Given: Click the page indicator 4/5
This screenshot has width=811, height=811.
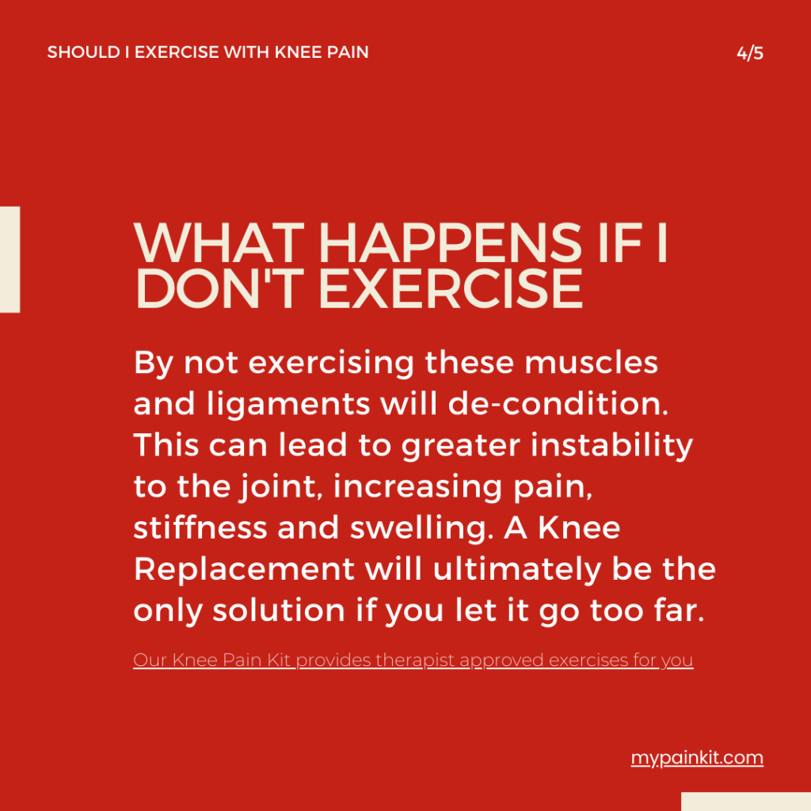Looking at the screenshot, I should [x=749, y=54].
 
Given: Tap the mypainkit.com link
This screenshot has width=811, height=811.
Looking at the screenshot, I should [x=697, y=758].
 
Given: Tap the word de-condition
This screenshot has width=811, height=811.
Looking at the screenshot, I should [x=555, y=404].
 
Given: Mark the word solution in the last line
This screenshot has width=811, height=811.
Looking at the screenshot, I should [x=288, y=610].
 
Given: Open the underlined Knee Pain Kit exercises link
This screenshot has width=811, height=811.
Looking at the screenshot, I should [x=413, y=660].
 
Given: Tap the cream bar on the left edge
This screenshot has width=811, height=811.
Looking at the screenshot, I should [x=10, y=260].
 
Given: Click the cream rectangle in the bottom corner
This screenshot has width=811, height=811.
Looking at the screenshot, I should [x=745, y=801].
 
